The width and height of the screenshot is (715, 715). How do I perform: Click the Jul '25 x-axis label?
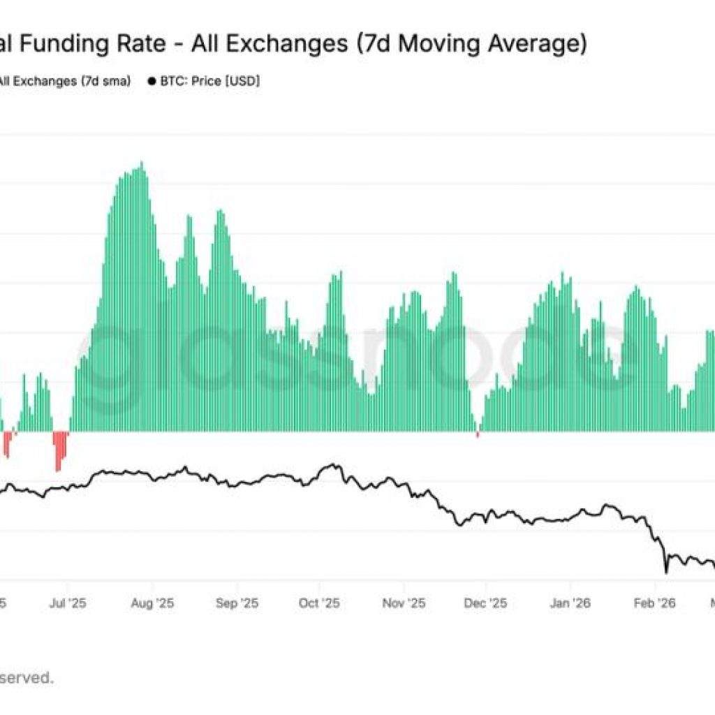(x=68, y=603)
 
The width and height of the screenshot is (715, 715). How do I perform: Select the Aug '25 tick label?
(x=153, y=603)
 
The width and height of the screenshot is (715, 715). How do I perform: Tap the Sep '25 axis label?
(x=237, y=603)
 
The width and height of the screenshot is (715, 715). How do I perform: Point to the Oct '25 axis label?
(x=320, y=603)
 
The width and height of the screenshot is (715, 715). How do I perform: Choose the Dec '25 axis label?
(x=487, y=603)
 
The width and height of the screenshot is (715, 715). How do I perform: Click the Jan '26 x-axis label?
(x=570, y=603)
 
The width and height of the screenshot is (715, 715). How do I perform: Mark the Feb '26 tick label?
(x=655, y=603)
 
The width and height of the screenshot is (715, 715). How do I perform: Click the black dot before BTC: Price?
(x=152, y=82)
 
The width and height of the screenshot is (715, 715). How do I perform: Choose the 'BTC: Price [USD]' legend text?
(x=209, y=82)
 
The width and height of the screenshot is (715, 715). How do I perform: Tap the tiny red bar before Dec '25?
(x=478, y=435)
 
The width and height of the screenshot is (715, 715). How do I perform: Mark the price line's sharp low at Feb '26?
(x=666, y=572)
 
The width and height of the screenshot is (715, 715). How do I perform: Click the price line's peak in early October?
(x=336, y=465)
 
